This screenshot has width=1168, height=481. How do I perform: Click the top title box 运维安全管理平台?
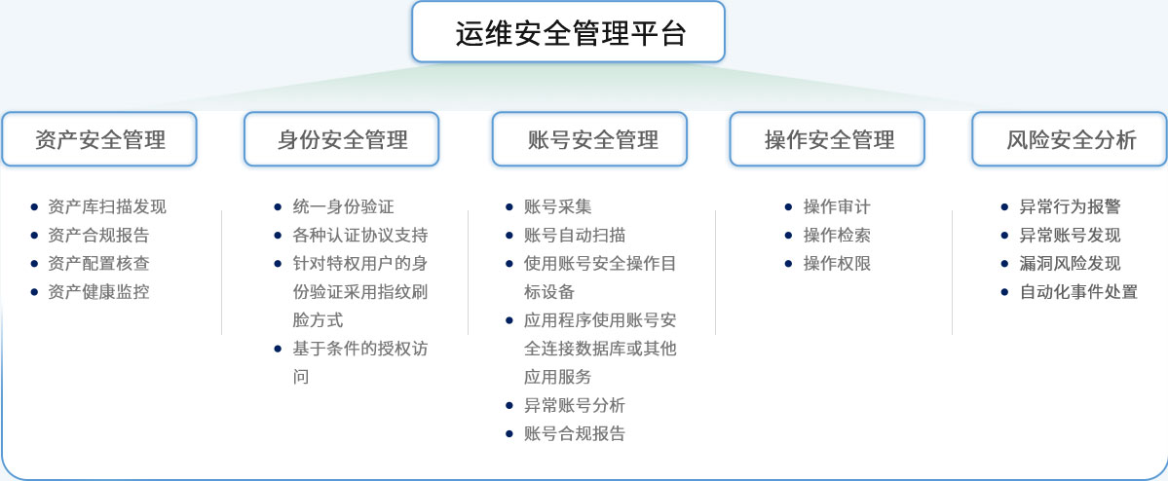click(568, 32)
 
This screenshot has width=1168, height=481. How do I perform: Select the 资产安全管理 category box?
click(99, 139)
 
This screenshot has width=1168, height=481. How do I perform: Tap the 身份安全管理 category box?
click(341, 139)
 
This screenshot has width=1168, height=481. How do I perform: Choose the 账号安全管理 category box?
click(589, 139)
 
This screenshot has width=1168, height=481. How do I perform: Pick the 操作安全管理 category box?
click(827, 139)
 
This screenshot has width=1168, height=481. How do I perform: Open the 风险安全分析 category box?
click(1070, 139)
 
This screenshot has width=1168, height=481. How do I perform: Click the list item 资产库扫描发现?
click(106, 207)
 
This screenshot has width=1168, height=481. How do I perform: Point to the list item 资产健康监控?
click(98, 292)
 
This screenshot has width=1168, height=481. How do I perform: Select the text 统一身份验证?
click(344, 207)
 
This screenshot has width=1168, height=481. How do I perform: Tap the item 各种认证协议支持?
click(360, 236)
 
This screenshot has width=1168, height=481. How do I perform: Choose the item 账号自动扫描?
click(575, 236)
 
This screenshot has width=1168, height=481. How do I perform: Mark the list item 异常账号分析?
click(575, 406)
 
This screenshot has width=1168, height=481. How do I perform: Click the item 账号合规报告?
click(575, 434)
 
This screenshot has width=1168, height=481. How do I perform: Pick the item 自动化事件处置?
click(1078, 292)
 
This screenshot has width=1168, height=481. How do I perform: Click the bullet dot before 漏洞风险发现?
click(1004, 264)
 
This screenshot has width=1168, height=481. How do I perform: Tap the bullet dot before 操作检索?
click(788, 236)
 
